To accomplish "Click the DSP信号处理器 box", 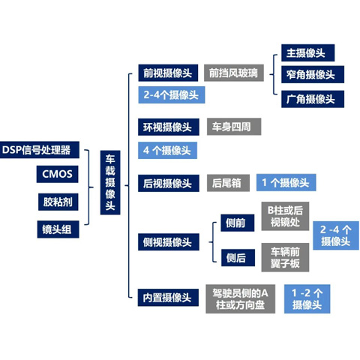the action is pyautogui.click(x=40, y=150).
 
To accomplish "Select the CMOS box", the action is pyautogui.click(x=57, y=174).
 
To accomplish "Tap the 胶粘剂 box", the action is pyautogui.click(x=58, y=202).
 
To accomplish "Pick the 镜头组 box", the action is pyautogui.click(x=58, y=229).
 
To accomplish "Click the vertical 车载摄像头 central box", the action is pyautogui.click(x=110, y=182).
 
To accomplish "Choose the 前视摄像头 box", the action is pyautogui.click(x=168, y=73).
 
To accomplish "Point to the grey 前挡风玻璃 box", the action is pyautogui.click(x=234, y=73).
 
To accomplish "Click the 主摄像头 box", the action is pyautogui.click(x=307, y=52).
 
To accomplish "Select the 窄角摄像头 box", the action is pyautogui.click(x=313, y=74).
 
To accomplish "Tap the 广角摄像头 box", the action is pyautogui.click(x=313, y=99).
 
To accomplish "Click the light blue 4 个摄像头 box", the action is pyautogui.click(x=167, y=150).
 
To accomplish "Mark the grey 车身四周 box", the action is pyautogui.click(x=234, y=127).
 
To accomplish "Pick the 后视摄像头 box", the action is pyautogui.click(x=169, y=183).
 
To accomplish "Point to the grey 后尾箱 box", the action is pyautogui.click(x=228, y=183).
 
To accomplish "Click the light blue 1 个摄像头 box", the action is pyautogui.click(x=286, y=182).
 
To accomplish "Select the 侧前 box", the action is pyautogui.click(x=238, y=223).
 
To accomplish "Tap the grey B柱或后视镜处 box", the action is pyautogui.click(x=285, y=216).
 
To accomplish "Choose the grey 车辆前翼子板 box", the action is pyautogui.click(x=285, y=257).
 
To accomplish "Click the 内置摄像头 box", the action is pyautogui.click(x=168, y=298).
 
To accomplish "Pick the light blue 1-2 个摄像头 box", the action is pyautogui.click(x=307, y=298).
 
